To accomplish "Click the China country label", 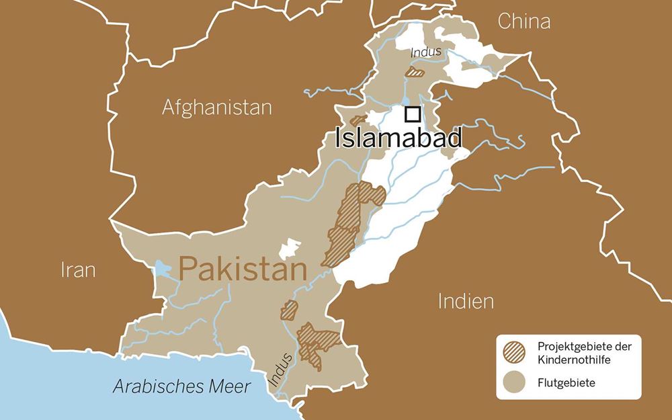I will coord(523,22).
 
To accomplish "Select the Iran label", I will coord(78,269).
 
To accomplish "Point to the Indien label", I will coord(466,300).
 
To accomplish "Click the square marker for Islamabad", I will coord(413,114).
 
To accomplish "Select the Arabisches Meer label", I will coord(181,386).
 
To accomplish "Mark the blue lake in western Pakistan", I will coord(163,269).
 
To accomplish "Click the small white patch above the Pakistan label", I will coord(290,247).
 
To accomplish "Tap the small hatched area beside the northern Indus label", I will coord(415,71).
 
